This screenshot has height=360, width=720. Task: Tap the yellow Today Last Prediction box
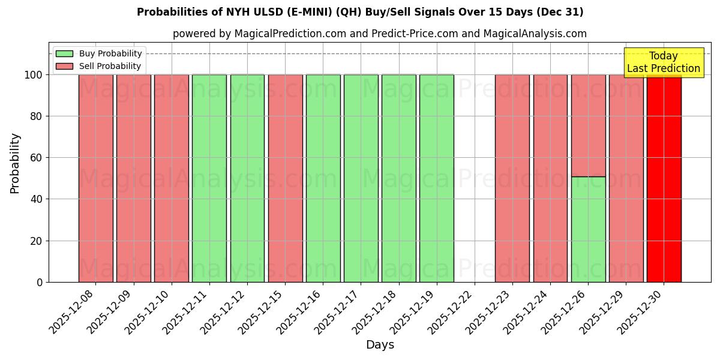[x=663, y=62]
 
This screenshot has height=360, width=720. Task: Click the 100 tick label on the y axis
[x=34, y=75]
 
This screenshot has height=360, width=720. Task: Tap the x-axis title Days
[x=380, y=345]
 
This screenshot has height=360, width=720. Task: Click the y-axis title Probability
[x=15, y=163]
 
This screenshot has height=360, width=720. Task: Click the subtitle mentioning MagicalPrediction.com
[x=379, y=34]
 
